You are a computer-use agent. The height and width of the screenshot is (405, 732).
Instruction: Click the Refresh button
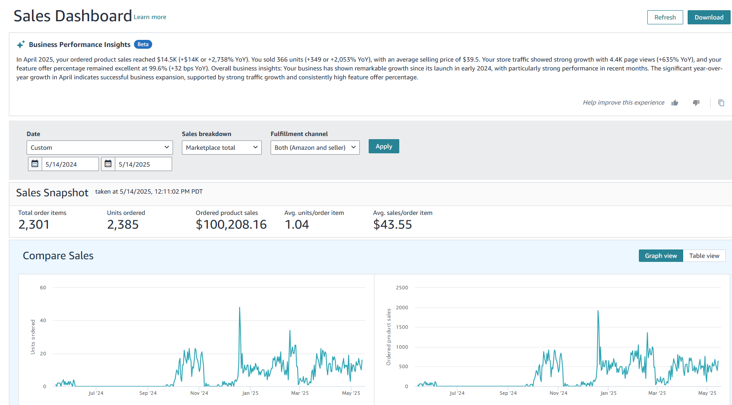(665, 17)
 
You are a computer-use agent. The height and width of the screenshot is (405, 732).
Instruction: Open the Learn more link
(150, 17)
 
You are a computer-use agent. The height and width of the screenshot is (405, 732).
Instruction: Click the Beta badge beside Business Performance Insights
(143, 44)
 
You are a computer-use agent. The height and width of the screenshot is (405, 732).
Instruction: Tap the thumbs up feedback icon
(675, 103)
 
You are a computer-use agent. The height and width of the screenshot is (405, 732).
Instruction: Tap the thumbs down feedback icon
(696, 103)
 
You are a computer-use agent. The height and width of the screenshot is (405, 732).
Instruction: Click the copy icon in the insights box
(721, 103)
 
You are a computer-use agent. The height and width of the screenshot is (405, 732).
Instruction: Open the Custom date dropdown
(99, 148)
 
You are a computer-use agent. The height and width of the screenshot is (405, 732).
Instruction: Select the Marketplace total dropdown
(221, 148)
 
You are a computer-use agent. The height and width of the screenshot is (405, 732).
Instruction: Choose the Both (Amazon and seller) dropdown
(315, 148)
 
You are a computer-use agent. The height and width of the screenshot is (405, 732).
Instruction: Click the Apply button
(384, 146)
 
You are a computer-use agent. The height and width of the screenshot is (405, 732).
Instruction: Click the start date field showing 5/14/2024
(70, 164)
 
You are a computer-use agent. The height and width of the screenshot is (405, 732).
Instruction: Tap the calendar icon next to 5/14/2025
(108, 164)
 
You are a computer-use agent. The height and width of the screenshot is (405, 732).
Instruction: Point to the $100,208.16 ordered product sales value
(231, 225)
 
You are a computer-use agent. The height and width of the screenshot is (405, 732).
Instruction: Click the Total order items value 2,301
(34, 225)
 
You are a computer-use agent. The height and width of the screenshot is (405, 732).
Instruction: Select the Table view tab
(704, 256)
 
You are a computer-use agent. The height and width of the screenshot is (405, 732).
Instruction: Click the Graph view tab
(661, 256)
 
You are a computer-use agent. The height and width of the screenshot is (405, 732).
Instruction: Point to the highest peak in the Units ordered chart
(240, 308)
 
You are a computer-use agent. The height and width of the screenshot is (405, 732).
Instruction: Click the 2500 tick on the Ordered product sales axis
(402, 288)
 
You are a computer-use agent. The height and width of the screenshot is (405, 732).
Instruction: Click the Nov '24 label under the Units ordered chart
(199, 393)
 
